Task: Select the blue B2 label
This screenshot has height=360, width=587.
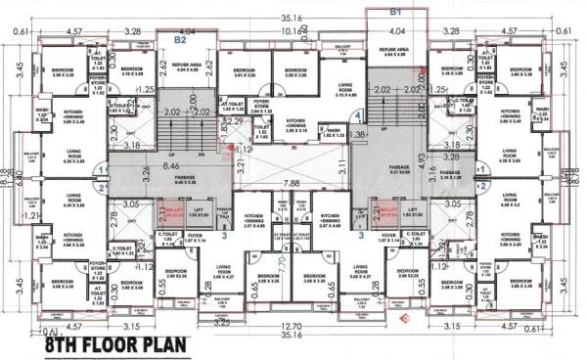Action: (181, 41)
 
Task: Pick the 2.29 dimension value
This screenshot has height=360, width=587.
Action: (236, 121)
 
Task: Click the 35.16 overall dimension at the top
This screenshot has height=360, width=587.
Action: (291, 17)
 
